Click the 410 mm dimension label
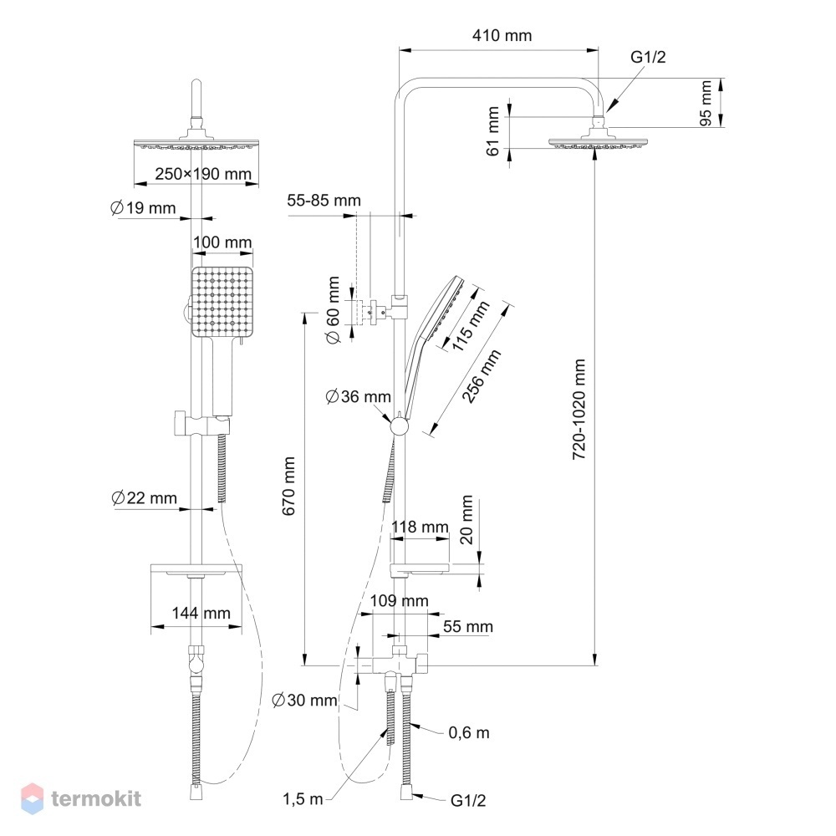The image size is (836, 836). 502,36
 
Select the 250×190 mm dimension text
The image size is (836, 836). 203,174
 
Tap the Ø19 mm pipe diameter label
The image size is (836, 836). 143,208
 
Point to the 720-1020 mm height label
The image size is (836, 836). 579,409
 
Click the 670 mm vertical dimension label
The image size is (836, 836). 288,486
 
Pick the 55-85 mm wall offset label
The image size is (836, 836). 324,201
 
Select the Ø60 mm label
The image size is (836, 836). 333,310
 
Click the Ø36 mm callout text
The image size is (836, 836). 359,396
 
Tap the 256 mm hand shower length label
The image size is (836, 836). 482,376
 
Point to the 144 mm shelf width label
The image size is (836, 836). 201,613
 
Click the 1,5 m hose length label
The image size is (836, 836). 303,798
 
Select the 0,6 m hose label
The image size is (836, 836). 469,732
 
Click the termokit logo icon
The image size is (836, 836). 32,798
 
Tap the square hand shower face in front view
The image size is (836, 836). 222,302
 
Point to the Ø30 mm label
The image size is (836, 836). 304,700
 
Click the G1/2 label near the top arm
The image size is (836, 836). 648,57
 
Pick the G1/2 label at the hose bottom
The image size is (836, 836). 468,800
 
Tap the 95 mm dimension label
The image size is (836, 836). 706,103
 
